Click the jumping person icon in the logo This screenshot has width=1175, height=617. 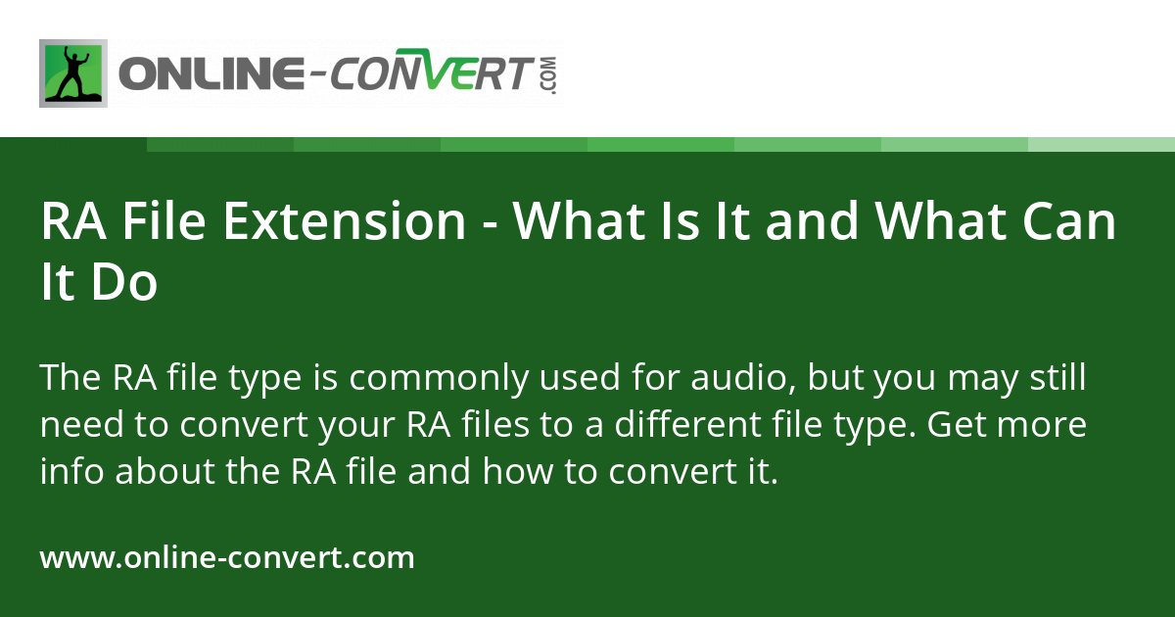tap(73, 73)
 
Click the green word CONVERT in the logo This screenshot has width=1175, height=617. tap(430, 74)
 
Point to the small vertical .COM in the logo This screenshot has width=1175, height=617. tap(547, 75)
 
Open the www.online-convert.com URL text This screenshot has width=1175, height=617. tap(227, 558)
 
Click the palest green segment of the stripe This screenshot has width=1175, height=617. tap(1102, 145)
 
